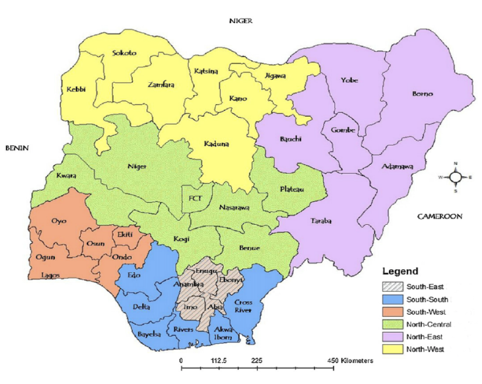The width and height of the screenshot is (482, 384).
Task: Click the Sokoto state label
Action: click(124, 53)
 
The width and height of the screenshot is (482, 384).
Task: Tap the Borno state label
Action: click(422, 94)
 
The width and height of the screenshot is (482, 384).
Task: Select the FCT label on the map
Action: click(195, 197)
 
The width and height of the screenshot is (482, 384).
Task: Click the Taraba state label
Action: click(321, 221)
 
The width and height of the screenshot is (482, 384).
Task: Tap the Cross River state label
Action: click(244, 306)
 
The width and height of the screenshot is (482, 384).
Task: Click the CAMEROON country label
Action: click(440, 216)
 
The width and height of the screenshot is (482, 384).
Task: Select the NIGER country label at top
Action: click(240, 20)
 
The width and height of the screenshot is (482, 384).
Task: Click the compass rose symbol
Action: click(456, 176)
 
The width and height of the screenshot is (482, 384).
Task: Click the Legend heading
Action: click(400, 271)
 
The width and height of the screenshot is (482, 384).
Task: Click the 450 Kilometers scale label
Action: click(349, 361)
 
